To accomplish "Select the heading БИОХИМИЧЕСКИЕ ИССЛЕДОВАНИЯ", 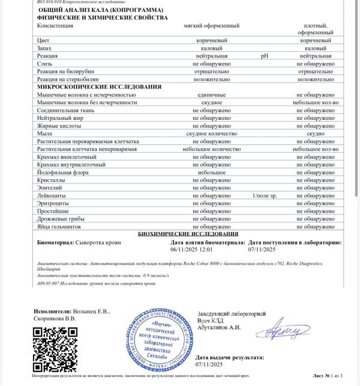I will (x=188, y=234).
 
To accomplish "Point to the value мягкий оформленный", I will (x=211, y=26).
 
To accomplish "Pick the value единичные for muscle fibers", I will (x=211, y=95).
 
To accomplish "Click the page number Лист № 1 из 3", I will (x=327, y=375).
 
